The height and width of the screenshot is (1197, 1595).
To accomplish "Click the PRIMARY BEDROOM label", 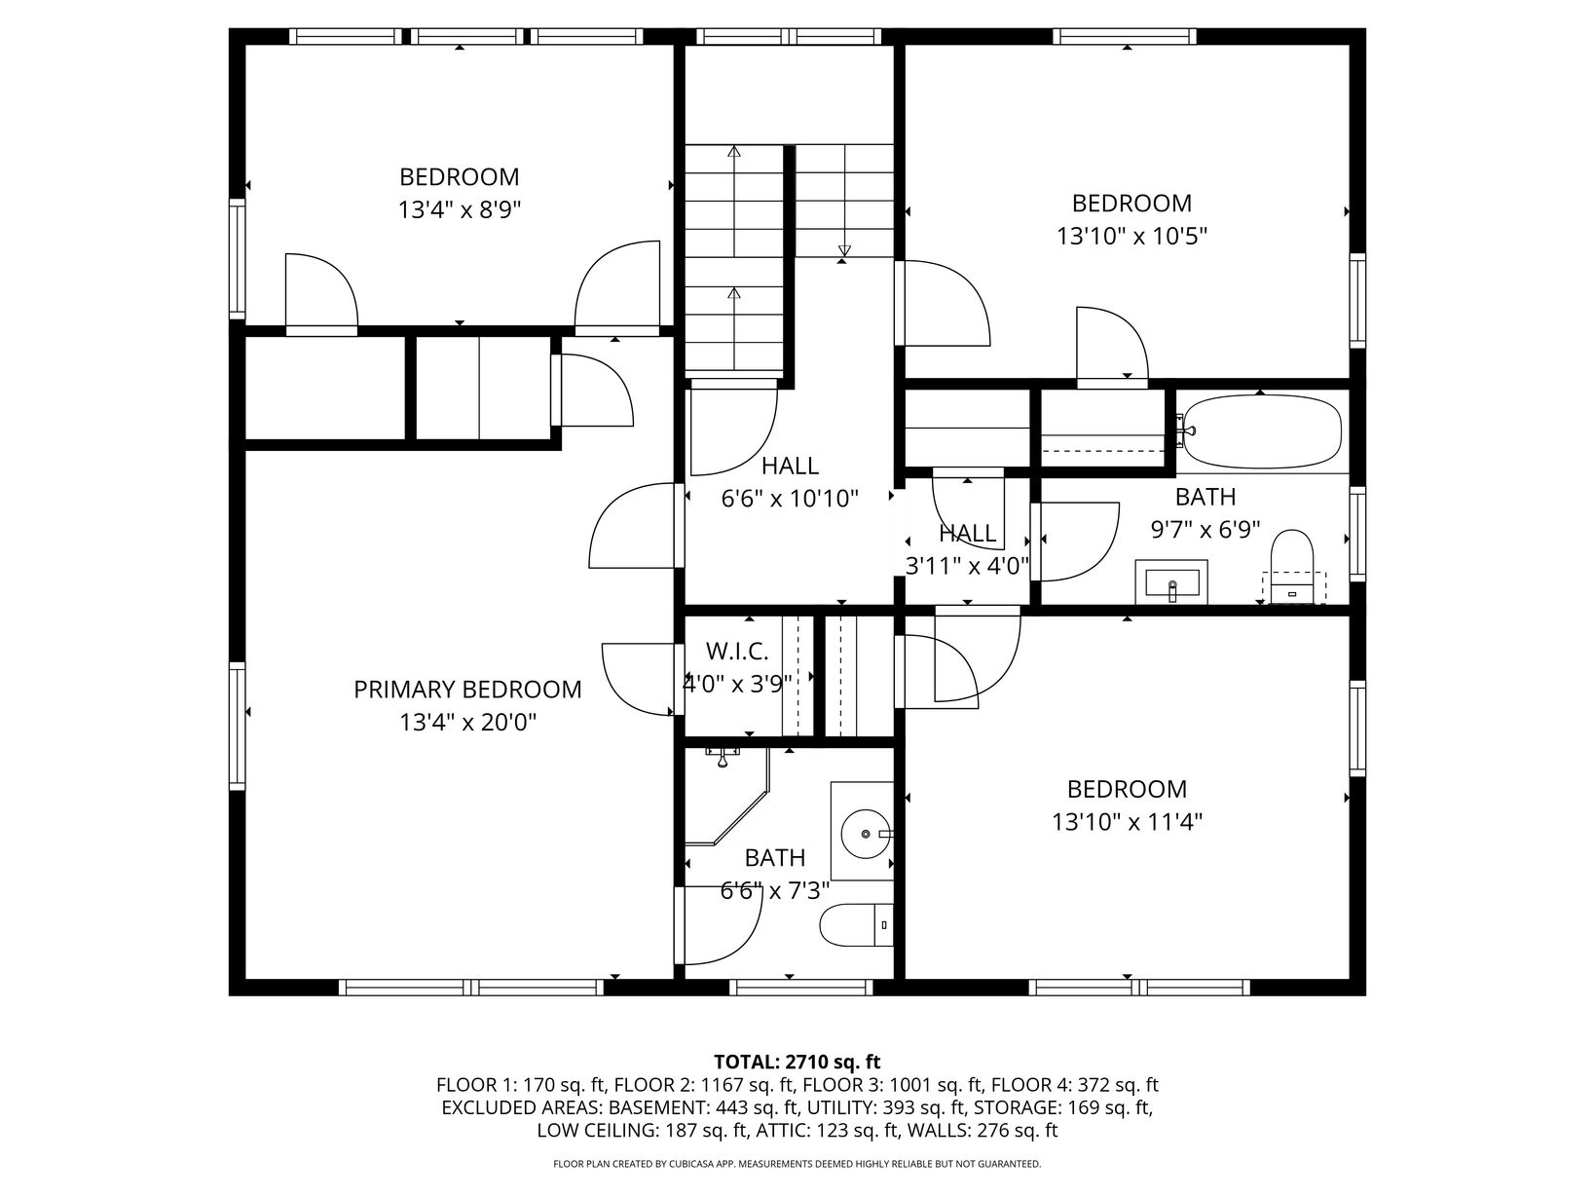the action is (467, 689).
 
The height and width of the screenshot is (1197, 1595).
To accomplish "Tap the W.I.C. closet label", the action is (737, 652).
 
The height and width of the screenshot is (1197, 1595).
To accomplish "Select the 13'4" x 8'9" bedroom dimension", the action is (460, 210).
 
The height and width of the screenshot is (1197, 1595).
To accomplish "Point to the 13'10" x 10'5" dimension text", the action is (1131, 237).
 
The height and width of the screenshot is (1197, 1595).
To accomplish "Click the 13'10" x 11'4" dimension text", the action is (1127, 822).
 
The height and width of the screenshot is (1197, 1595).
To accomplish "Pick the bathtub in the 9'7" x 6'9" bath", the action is (1262, 431).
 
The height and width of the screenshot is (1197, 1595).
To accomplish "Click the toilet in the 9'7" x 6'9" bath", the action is (1292, 566).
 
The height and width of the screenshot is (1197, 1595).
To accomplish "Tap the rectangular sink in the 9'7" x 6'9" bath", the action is (1171, 581).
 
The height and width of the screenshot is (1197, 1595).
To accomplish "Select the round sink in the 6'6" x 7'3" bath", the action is (867, 834).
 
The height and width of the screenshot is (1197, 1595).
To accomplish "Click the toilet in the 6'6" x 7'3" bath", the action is (856, 925).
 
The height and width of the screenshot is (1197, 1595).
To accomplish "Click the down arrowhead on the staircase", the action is (843, 250).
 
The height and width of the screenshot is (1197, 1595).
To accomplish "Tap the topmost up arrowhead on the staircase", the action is (734, 152).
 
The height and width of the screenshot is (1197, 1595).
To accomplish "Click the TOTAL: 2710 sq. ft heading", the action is (797, 1062).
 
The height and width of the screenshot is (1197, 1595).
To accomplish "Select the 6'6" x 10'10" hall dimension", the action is (790, 499).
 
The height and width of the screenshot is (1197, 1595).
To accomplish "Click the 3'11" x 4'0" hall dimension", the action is (967, 566).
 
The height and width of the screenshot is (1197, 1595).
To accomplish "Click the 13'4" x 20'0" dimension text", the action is (468, 723).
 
